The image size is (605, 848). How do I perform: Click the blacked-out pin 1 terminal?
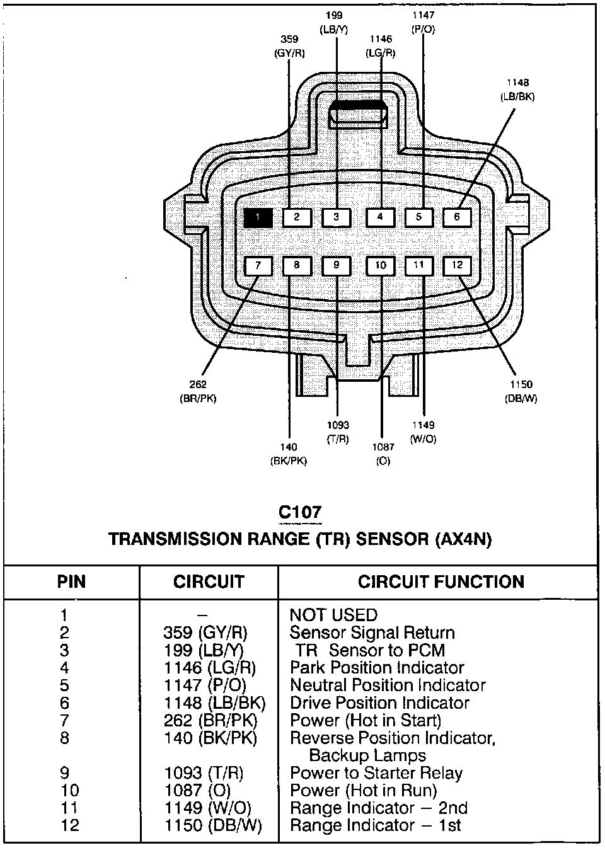click(258, 218)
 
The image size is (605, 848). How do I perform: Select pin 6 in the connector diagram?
click(457, 217)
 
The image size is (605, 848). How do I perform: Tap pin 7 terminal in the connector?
click(258, 266)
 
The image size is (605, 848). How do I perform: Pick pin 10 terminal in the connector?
click(381, 265)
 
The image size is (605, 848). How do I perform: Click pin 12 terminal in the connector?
click(457, 265)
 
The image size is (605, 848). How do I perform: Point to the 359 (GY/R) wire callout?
click(290, 47)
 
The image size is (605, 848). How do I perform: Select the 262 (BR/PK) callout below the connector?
click(198, 391)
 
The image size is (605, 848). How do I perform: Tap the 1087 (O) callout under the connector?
click(383, 454)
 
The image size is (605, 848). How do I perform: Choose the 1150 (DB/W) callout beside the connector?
click(521, 391)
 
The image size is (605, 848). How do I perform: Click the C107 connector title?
click(300, 512)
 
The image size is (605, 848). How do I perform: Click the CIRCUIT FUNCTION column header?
click(441, 582)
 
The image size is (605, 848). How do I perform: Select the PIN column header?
click(71, 582)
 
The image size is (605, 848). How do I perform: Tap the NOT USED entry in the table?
click(333, 615)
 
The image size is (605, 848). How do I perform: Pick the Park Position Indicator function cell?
click(377, 668)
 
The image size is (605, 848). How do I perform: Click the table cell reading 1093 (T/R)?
click(203, 773)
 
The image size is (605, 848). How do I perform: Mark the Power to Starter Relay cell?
click(376, 773)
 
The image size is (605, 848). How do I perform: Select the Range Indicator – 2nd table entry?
click(378, 808)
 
